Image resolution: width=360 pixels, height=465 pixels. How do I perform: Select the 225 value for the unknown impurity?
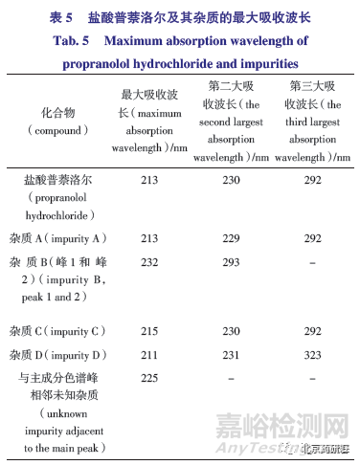pyautogui.click(x=146, y=377)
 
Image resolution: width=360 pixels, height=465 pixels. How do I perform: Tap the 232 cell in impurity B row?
pyautogui.click(x=146, y=259)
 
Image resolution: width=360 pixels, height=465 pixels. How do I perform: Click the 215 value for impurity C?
pyautogui.click(x=146, y=331)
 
